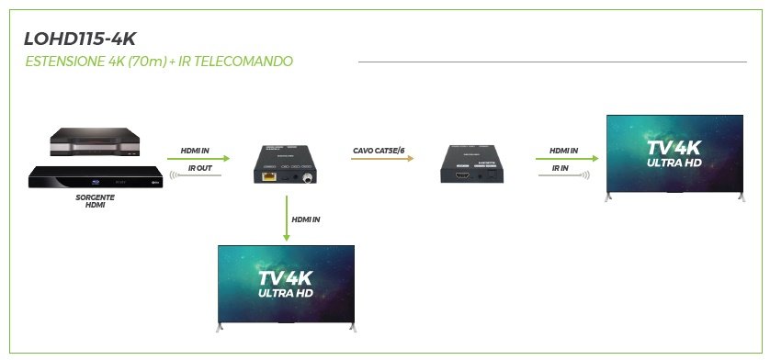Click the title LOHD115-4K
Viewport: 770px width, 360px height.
click(80, 39)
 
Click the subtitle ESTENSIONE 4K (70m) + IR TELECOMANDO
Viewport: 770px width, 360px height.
click(159, 62)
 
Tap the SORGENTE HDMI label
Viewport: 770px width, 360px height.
click(96, 201)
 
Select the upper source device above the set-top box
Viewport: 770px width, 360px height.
click(95, 141)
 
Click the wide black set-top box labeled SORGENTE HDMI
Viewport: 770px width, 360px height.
click(96, 177)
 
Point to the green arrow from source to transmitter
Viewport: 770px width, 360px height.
click(198, 158)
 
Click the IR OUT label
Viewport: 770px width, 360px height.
click(200, 168)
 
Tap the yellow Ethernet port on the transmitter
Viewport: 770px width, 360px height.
click(267, 177)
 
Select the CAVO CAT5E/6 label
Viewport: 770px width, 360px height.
click(379, 151)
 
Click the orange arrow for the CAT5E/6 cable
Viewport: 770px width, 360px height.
click(383, 158)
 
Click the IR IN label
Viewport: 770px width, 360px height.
click(561, 168)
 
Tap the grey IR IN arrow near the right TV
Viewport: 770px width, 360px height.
click(564, 174)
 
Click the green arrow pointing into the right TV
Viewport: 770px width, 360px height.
click(567, 158)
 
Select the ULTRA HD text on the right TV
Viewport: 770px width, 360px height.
click(674, 163)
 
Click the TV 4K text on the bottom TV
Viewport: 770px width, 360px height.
click(286, 278)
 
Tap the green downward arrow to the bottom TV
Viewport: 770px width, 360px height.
click(287, 219)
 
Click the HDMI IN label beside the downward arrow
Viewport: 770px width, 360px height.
click(306, 219)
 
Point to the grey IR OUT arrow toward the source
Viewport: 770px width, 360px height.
click(196, 174)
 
